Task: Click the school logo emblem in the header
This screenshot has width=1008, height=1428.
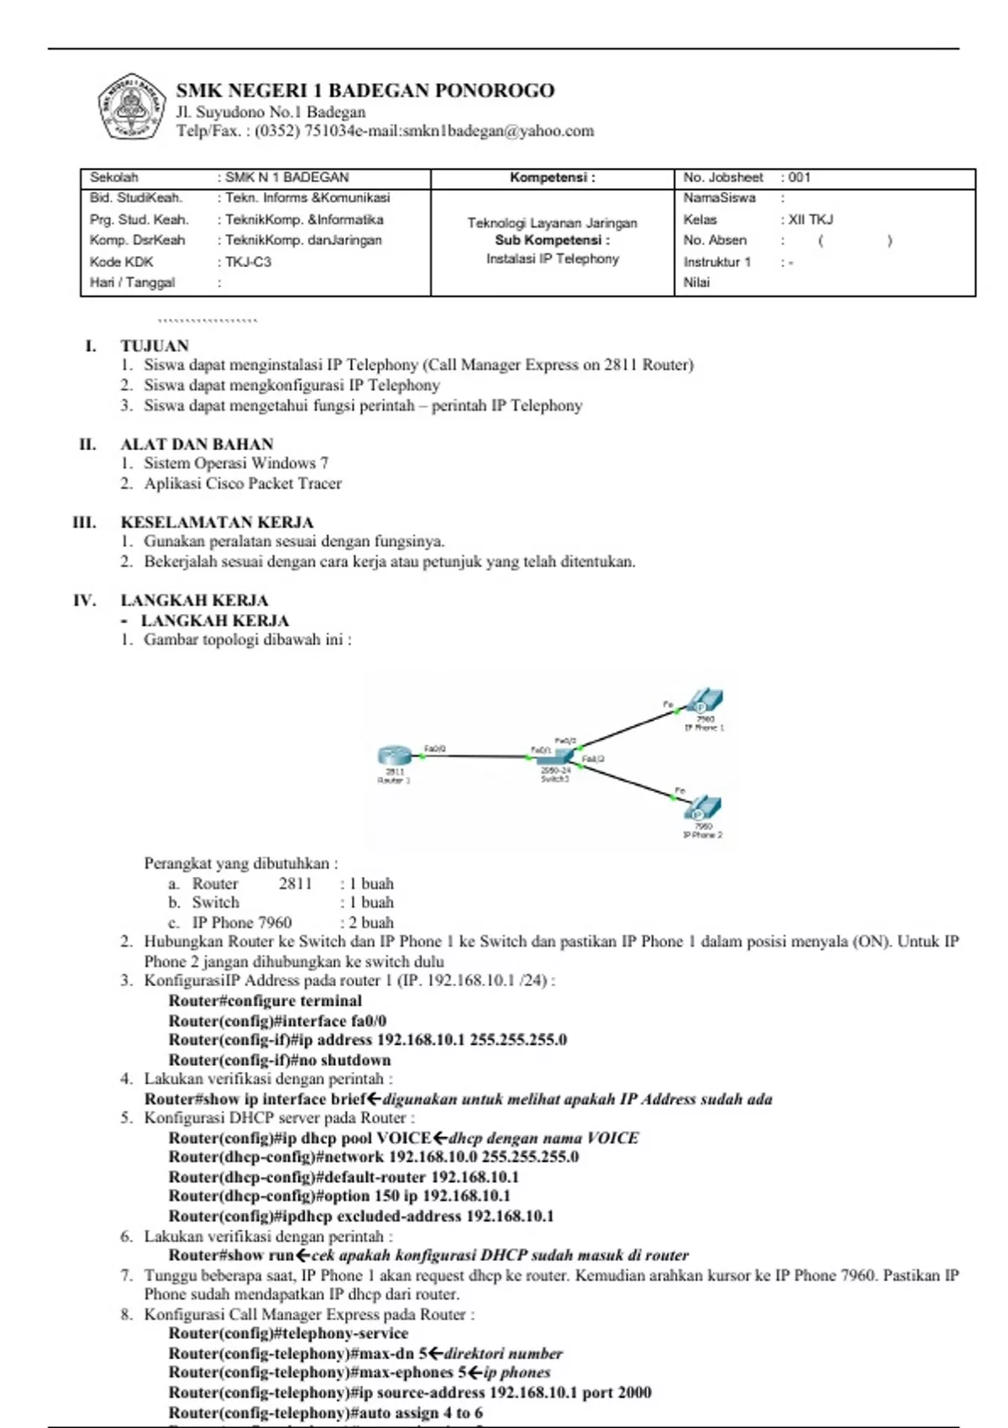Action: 131,106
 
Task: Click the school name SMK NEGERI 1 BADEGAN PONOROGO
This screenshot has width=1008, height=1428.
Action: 365,91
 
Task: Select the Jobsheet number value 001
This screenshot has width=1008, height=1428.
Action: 800,177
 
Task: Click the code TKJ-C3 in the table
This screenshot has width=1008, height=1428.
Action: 249,262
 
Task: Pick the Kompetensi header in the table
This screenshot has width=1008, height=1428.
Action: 552,177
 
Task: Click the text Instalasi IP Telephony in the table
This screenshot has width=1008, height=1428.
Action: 552,259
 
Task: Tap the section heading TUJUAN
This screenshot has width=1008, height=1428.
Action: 155,345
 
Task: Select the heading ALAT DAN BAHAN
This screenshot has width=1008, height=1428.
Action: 197,444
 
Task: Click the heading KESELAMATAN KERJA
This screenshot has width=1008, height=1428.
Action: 217,522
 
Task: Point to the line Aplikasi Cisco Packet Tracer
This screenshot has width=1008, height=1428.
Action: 243,484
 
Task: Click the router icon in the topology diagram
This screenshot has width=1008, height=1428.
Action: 392,755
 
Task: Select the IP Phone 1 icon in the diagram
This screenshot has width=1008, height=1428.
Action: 705,701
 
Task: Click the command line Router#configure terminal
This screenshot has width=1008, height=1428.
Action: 265,1000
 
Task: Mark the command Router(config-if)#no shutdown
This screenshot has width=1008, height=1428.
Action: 279,1060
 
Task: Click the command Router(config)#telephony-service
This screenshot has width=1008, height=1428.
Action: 288,1333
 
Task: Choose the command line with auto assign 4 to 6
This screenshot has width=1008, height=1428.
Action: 325,1413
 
